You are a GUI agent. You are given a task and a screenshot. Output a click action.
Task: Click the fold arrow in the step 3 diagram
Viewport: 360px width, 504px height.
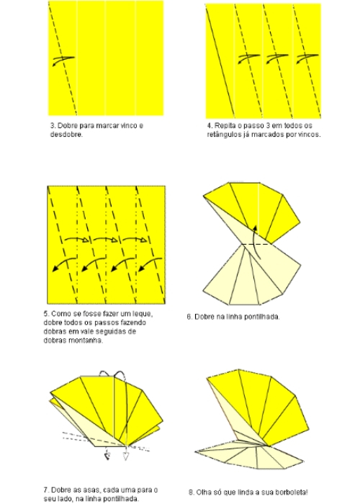pyautogui.click(x=62, y=60)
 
